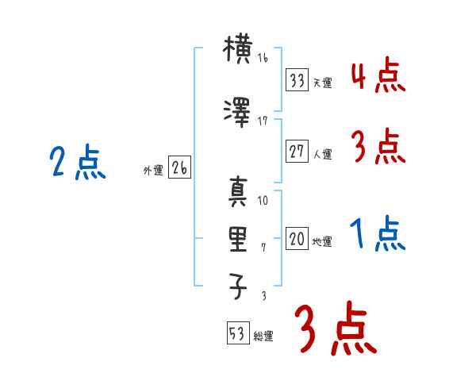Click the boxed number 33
click(297, 79)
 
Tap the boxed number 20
click(297, 239)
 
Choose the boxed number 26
click(179, 167)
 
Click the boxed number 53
click(236, 333)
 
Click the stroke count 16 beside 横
click(263, 60)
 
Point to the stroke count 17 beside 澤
click(263, 121)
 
